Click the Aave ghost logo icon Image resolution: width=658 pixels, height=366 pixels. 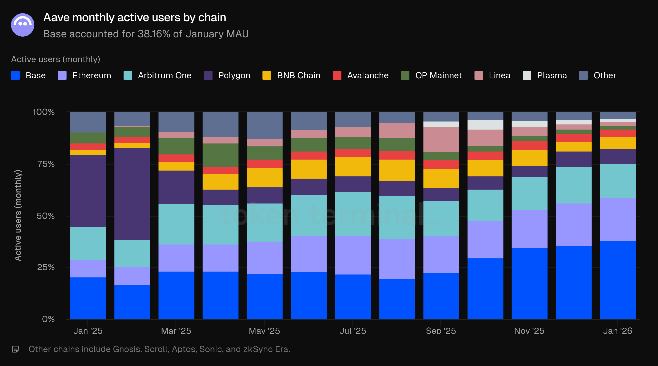(22, 25)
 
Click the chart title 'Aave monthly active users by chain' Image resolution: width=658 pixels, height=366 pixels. (135, 17)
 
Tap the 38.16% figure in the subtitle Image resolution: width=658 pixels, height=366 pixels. (154, 34)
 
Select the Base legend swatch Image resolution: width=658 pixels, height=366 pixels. (15, 75)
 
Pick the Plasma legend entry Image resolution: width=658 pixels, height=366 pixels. (545, 75)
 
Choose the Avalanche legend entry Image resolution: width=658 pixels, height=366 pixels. (360, 75)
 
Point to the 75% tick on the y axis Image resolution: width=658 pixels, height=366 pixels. (46, 164)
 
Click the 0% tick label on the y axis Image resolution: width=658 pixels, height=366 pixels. (48, 319)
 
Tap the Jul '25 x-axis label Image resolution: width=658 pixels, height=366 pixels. (352, 331)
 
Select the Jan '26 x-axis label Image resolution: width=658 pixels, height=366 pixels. (617, 331)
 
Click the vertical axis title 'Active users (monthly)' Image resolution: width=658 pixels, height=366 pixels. (18, 215)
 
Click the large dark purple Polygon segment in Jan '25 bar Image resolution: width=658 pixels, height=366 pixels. (88, 191)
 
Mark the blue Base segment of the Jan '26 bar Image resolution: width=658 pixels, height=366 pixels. (617, 280)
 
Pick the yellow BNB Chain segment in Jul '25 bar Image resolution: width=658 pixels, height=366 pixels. (352, 167)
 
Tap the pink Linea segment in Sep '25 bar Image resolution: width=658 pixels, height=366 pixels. (441, 140)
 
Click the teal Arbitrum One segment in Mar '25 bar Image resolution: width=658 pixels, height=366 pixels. (176, 224)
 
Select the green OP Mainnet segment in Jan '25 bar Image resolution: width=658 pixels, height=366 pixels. (88, 138)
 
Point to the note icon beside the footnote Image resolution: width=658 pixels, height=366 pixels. (15, 349)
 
